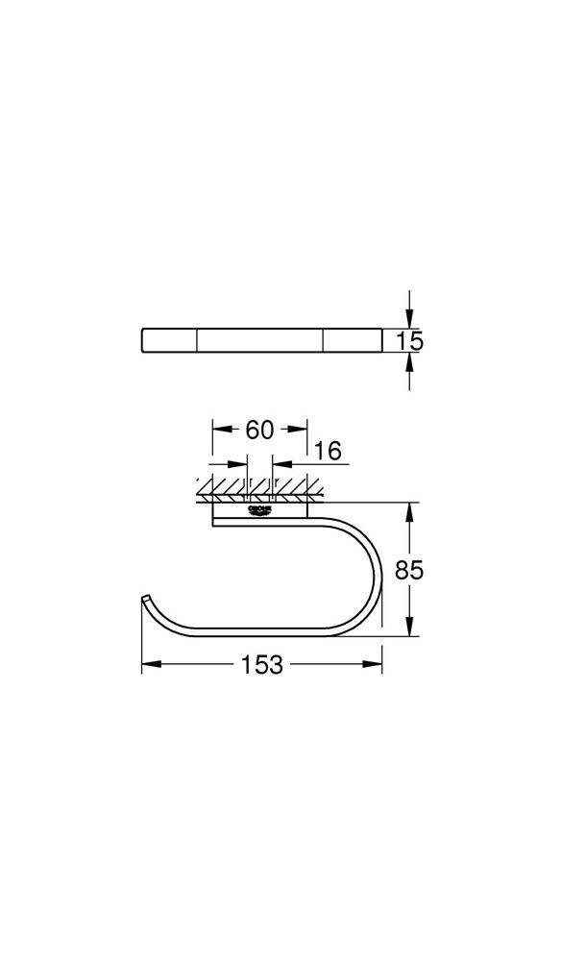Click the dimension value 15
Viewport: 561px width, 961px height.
click(x=410, y=340)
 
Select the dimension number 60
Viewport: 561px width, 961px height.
click(x=259, y=430)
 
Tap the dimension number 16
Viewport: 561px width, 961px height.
click(x=328, y=451)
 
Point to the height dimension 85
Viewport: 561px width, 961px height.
click(x=410, y=569)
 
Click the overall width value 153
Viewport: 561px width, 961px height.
click(x=261, y=664)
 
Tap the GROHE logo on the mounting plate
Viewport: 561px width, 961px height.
click(x=260, y=511)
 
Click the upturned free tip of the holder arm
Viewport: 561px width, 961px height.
click(x=145, y=601)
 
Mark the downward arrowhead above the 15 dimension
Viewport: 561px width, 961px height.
click(x=410, y=321)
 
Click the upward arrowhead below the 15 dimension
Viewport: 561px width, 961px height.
click(x=410, y=359)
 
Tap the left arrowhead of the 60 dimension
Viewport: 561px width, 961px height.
click(x=218, y=430)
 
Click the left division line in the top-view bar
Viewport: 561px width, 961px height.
click(x=198, y=340)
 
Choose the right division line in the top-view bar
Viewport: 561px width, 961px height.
click(x=324, y=340)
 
